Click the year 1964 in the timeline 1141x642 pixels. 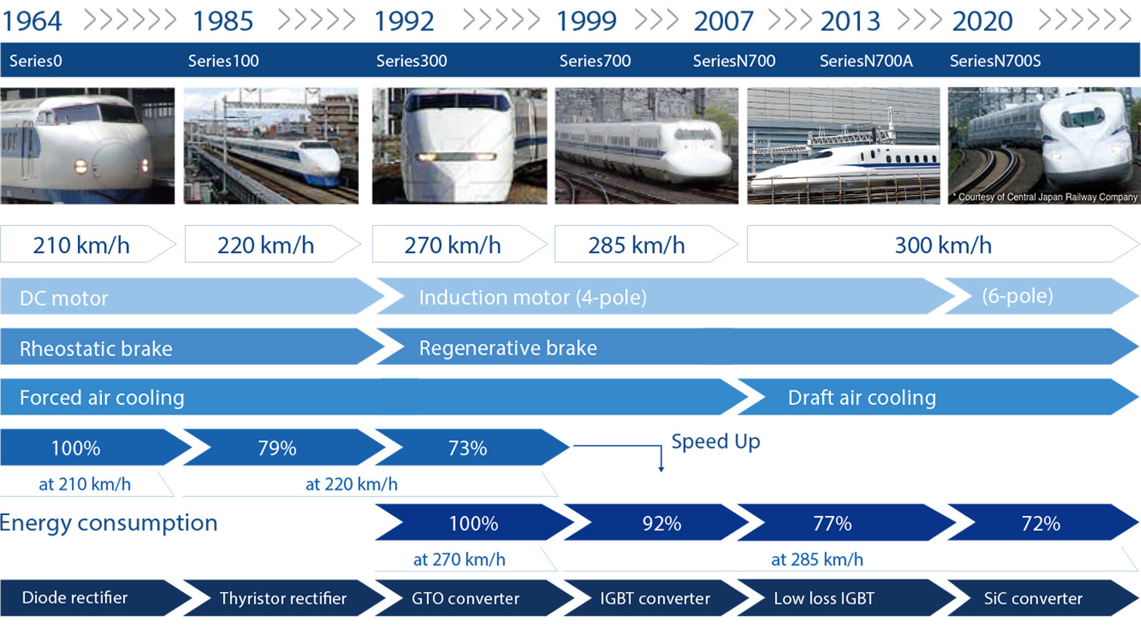[32, 21]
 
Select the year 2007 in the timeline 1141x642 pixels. [723, 21]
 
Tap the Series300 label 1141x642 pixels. [411, 61]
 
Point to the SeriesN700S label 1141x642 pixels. [994, 61]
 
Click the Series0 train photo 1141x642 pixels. [87, 146]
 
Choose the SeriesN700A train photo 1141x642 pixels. [843, 146]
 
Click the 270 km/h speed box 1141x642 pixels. [453, 245]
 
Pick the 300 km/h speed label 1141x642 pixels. [942, 245]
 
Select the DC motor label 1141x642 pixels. [64, 298]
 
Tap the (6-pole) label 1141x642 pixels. [1017, 296]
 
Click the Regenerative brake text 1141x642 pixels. [508, 348]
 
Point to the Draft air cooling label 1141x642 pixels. [861, 398]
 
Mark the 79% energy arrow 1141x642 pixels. [277, 448]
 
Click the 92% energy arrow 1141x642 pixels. [661, 523]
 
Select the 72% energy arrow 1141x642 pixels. [1041, 523]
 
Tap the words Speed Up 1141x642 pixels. [716, 441]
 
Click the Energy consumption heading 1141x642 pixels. [109, 523]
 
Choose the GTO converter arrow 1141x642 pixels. [465, 598]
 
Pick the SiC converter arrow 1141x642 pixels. [1033, 598]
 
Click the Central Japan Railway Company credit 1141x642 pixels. [1047, 197]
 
